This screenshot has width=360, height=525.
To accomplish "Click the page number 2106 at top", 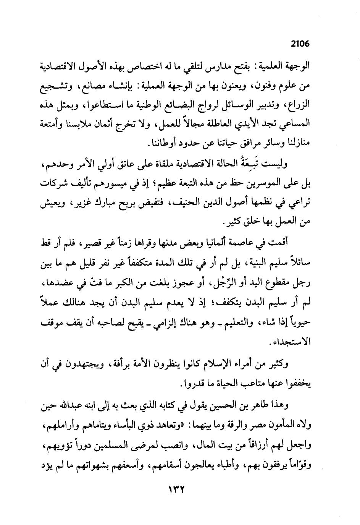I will click(x=299, y=44).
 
